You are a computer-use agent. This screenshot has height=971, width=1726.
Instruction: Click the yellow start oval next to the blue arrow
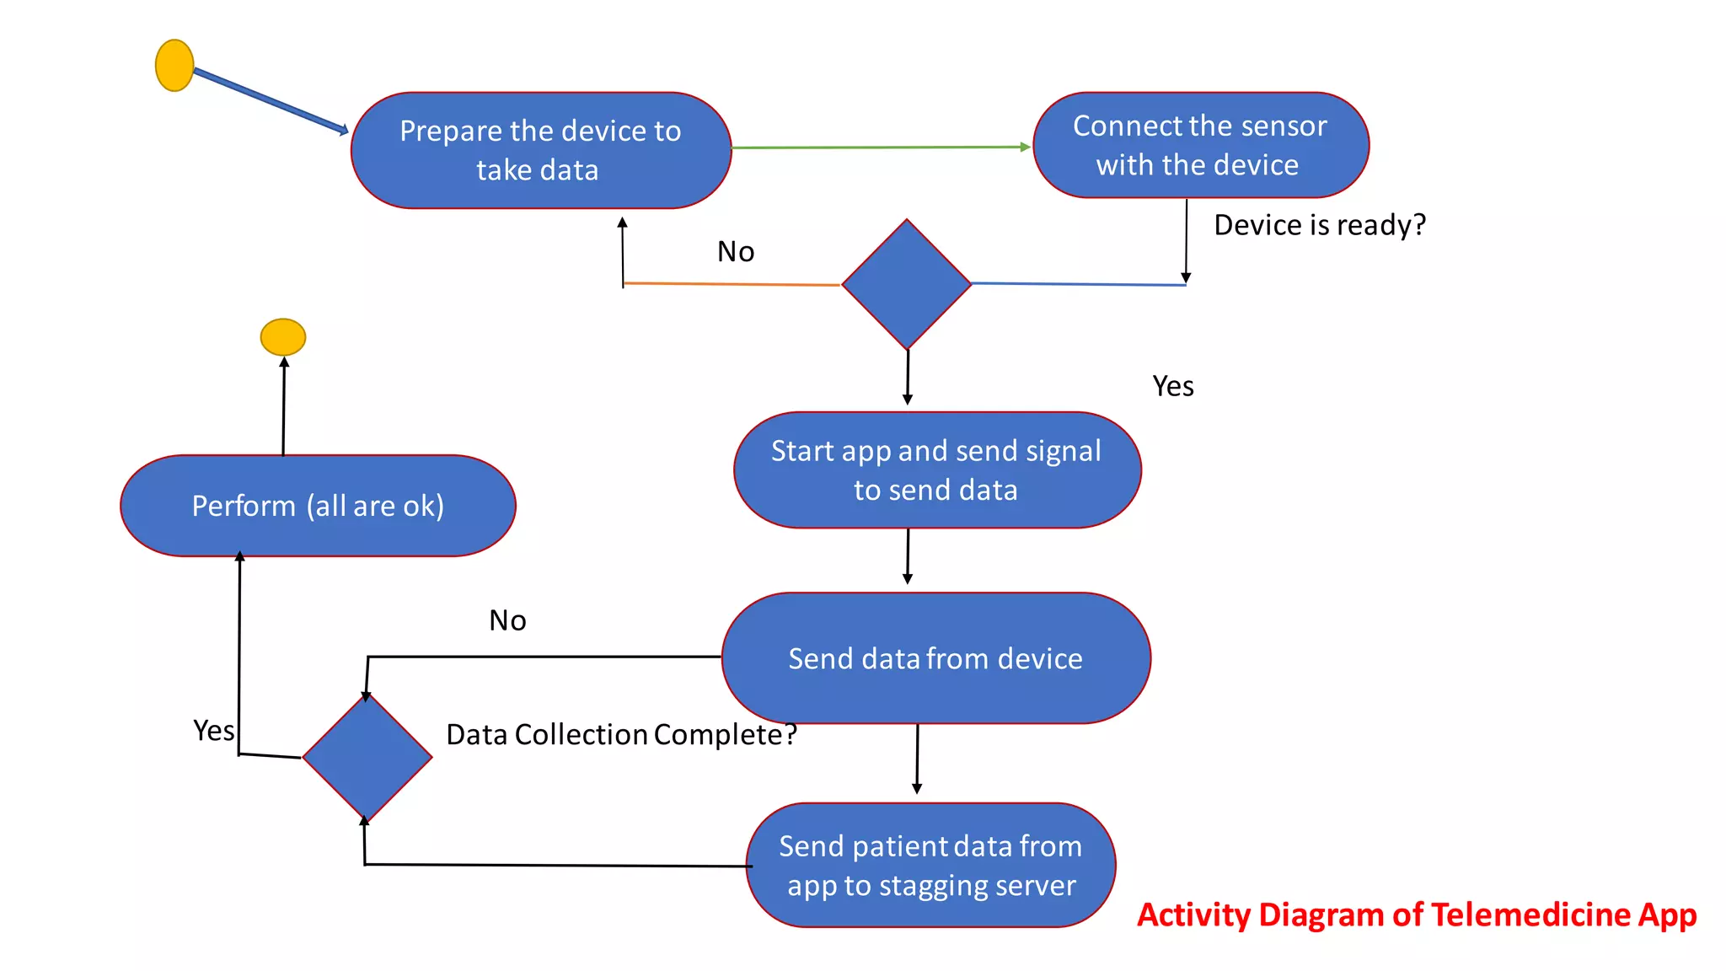[x=174, y=65]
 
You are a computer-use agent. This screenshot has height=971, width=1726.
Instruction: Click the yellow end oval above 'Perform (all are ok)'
[x=283, y=337]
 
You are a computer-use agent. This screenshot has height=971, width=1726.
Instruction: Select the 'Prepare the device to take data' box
[x=541, y=151]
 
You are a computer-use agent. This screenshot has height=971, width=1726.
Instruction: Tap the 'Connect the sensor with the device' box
[x=1200, y=146]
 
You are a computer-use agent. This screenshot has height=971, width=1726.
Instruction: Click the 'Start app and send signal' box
[x=937, y=470]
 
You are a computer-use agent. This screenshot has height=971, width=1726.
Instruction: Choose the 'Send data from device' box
[x=935, y=658]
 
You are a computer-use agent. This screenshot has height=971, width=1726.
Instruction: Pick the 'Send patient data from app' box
[x=930, y=866]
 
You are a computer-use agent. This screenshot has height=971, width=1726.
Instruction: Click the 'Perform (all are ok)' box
[x=318, y=506]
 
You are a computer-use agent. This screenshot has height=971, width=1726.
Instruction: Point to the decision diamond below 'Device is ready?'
[x=907, y=285]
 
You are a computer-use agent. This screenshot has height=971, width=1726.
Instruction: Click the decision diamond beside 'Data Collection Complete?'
[x=367, y=757]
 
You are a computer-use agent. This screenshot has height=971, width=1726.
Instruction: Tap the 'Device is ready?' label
[x=1319, y=225]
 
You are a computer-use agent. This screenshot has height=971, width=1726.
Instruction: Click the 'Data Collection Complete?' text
[x=621, y=734]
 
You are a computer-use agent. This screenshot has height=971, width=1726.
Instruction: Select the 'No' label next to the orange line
[x=735, y=251]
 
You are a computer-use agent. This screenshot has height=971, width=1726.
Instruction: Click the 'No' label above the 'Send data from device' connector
[x=507, y=620]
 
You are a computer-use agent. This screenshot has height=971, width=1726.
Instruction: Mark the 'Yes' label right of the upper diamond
[x=1172, y=386]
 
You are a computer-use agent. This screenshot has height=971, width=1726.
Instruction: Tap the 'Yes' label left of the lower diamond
[x=213, y=730]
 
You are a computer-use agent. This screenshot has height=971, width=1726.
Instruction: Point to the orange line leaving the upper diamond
[x=732, y=284]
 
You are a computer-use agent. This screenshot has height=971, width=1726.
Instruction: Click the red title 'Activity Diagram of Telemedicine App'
[x=1416, y=915]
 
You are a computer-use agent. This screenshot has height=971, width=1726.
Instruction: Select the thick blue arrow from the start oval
[x=270, y=101]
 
